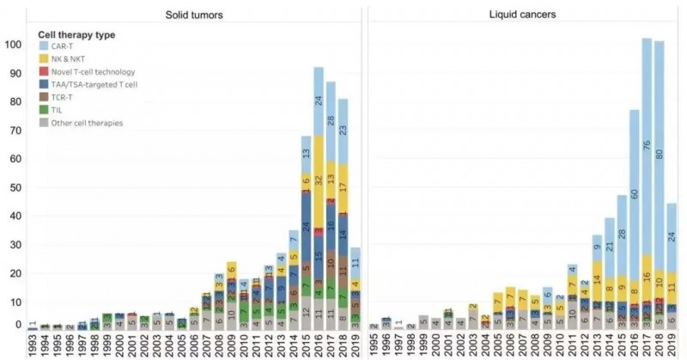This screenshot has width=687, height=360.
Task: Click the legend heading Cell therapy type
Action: point(77,34)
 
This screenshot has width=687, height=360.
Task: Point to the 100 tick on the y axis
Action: point(13,44)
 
